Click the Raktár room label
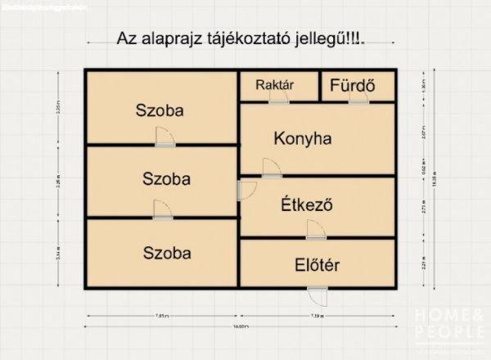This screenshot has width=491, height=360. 274,84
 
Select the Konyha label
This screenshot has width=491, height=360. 303,138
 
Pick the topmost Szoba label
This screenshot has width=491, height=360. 160,110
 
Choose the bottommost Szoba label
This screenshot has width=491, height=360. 166,253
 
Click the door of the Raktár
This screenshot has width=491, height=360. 278,98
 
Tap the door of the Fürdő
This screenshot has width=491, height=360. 358,98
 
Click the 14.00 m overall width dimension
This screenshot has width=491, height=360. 238,327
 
